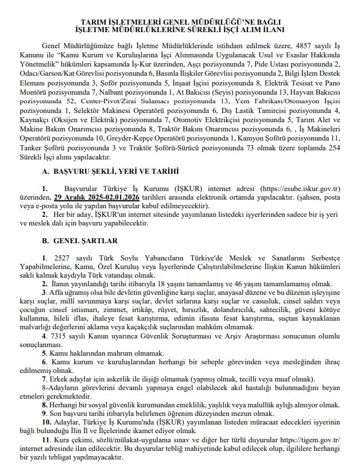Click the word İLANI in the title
(270, 28)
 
